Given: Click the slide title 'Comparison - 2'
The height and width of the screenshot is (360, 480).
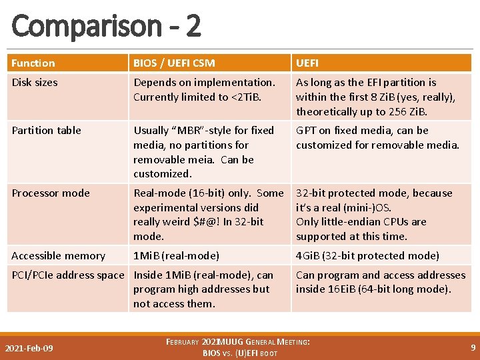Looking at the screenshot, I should (106, 26).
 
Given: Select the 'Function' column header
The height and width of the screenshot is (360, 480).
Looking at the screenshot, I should (33, 63).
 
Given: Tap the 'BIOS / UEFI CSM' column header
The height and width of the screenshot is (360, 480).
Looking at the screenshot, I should (174, 63).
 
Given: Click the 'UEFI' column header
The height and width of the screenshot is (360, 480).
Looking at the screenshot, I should (307, 63).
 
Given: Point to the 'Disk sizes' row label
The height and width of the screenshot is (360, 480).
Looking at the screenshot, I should (35, 83).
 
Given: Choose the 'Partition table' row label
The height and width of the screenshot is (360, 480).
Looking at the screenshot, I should (46, 131).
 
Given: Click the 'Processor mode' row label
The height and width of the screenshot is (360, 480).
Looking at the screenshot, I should (51, 193).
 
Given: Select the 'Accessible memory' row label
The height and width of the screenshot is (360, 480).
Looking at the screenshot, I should (58, 256).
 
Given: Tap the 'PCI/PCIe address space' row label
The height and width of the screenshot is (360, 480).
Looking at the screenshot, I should (68, 275).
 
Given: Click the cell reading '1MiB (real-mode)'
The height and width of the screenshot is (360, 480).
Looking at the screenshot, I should (176, 256).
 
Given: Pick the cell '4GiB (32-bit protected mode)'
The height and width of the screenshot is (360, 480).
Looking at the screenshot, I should (367, 256).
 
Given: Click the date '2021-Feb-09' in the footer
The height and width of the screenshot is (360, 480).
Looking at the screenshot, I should (29, 349).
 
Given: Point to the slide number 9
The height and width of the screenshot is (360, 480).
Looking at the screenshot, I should (473, 348).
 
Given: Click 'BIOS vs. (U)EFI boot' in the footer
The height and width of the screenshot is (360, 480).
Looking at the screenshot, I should (240, 353).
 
